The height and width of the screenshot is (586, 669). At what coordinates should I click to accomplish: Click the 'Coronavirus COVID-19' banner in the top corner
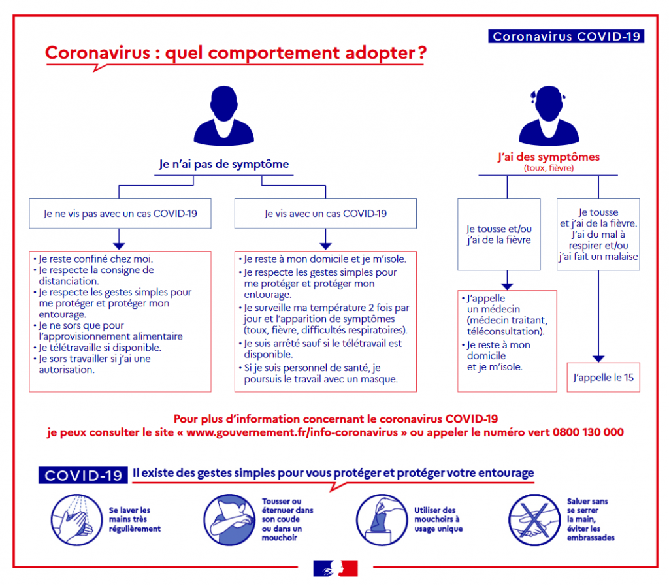566,36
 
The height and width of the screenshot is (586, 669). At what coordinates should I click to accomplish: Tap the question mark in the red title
422,53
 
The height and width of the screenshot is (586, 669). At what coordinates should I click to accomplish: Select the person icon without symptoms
223,116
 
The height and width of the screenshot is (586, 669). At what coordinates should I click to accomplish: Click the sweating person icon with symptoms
549,116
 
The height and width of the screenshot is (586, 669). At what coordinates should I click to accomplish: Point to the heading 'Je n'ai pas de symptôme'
224,164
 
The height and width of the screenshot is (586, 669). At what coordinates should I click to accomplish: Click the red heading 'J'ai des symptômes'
549,157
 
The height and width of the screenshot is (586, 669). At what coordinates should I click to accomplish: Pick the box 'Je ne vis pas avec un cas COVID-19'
120,213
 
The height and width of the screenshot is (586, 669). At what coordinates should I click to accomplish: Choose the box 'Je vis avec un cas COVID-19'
325,213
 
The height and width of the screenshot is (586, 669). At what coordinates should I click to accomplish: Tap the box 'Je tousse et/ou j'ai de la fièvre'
498,234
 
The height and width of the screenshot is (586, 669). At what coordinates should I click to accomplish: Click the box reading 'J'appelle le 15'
603,378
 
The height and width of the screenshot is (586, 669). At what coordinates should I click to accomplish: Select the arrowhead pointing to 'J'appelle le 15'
598,359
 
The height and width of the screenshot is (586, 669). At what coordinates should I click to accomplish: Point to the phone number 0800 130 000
588,432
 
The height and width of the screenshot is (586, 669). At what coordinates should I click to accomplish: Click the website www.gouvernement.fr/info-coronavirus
292,432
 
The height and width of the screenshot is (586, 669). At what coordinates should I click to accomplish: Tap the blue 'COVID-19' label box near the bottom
83,475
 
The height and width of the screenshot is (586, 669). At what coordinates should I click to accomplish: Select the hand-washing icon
76,520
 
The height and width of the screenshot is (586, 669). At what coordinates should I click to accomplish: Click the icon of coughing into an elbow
229,520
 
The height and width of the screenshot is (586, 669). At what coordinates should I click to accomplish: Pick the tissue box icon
382,520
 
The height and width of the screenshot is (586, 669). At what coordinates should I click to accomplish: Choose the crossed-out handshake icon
534,520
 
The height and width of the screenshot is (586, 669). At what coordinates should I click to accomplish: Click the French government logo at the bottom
335,568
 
